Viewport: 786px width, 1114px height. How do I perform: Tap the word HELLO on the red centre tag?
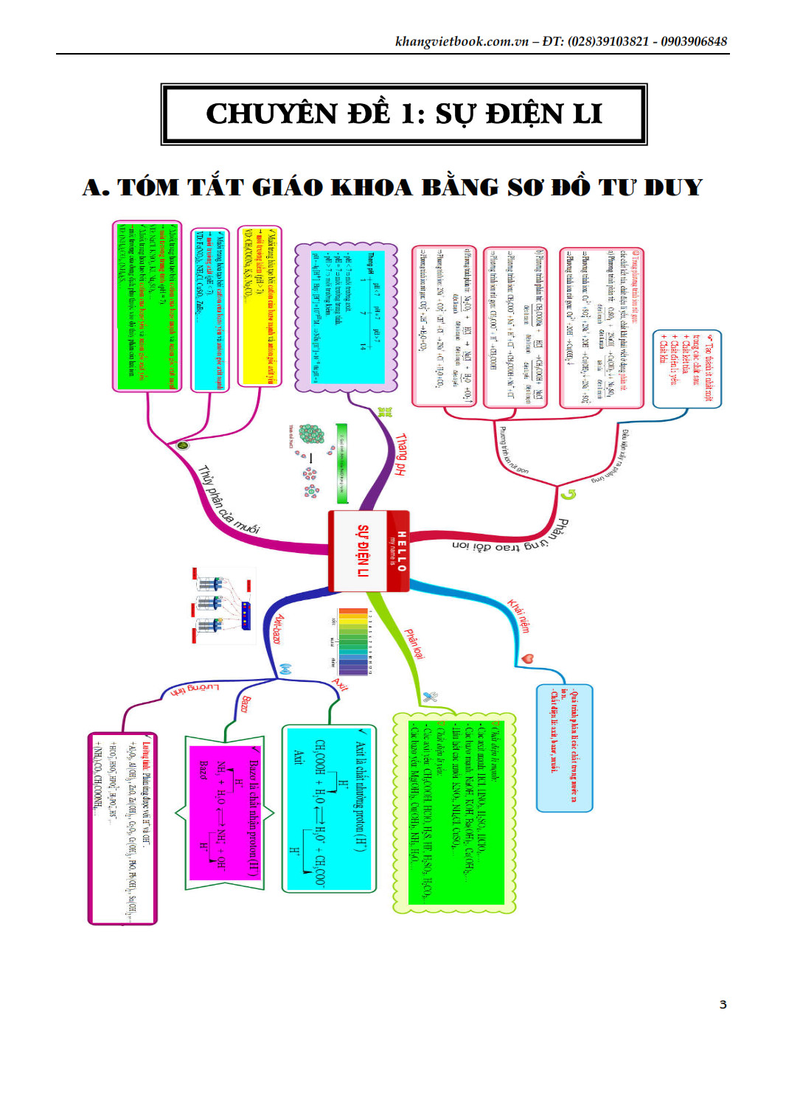[401, 551]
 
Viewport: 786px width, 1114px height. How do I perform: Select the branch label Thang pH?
[400, 454]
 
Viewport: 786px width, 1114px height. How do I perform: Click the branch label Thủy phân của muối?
[229, 500]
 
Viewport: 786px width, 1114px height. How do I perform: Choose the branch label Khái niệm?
[518, 616]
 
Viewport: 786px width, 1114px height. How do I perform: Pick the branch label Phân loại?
[414, 644]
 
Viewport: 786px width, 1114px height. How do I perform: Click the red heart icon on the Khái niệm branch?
[527, 658]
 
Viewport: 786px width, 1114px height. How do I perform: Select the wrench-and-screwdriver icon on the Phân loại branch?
[430, 697]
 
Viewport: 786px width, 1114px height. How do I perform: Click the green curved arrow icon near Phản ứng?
[568, 494]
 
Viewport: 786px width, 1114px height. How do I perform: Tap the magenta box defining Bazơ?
[225, 811]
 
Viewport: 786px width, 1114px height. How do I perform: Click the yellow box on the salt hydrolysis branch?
[260, 306]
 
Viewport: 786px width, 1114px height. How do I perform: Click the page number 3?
[723, 1004]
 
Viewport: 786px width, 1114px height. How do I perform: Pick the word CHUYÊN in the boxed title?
[261, 114]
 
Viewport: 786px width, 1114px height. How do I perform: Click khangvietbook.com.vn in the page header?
[462, 41]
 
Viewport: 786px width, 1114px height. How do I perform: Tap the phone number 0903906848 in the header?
[694, 41]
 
